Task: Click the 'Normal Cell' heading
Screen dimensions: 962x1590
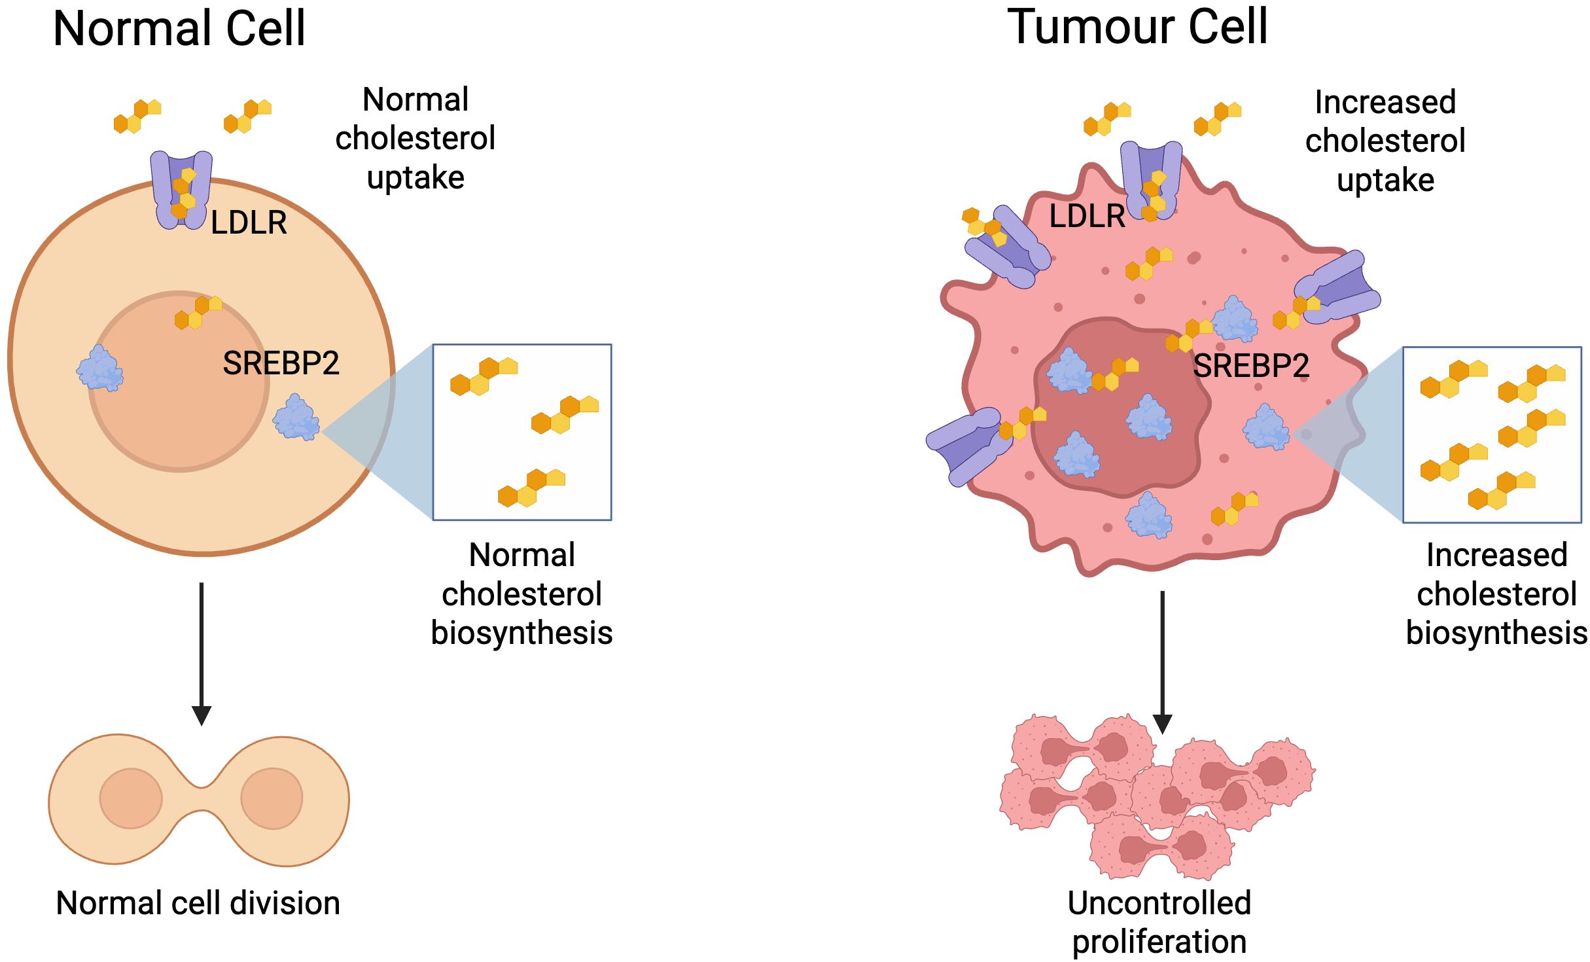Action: pyautogui.click(x=179, y=29)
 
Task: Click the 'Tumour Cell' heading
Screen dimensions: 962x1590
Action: pyautogui.click(x=1137, y=27)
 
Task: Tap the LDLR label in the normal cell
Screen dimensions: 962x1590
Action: pyautogui.click(x=249, y=223)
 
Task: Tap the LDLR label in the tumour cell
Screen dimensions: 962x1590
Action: pyautogui.click(x=1087, y=217)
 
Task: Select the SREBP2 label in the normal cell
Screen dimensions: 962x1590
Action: pyautogui.click(x=281, y=363)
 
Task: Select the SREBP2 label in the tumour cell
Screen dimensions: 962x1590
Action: pyautogui.click(x=1251, y=366)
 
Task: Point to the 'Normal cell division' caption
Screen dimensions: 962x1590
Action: pyautogui.click(x=198, y=903)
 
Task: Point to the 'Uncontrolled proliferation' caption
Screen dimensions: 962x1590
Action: pyautogui.click(x=1159, y=921)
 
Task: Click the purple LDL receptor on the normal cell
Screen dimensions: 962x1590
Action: pyautogui.click(x=181, y=190)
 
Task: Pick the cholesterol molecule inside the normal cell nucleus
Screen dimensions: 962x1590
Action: pyautogui.click(x=198, y=312)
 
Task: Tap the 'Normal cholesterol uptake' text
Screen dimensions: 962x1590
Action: pyautogui.click(x=415, y=138)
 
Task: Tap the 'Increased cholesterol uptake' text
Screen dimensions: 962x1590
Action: pyautogui.click(x=1385, y=141)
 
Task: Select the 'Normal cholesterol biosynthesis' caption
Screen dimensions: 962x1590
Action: pyautogui.click(x=521, y=594)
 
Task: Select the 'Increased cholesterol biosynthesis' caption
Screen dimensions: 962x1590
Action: pyautogui.click(x=1496, y=594)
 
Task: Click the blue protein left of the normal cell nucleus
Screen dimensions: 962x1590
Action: pyautogui.click(x=100, y=368)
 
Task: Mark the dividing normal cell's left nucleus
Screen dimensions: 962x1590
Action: pyautogui.click(x=131, y=798)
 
